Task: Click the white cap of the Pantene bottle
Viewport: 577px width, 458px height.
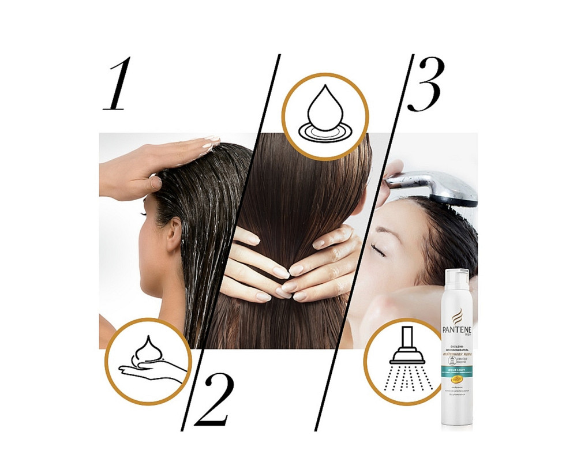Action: click(x=456, y=279)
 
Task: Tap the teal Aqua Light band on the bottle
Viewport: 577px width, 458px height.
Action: click(x=456, y=370)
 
